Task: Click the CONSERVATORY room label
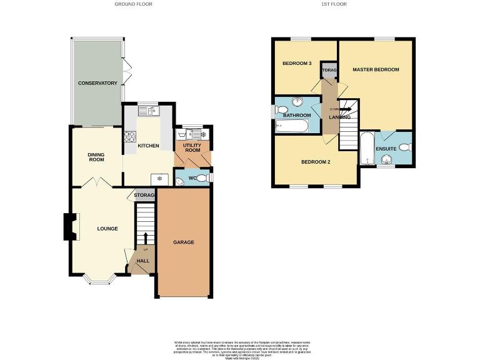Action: click(97, 83)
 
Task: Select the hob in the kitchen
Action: click(131, 136)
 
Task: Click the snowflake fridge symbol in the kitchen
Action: click(159, 178)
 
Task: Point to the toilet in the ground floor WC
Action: click(180, 181)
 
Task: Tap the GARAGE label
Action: click(183, 242)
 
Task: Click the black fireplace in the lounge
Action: click(69, 227)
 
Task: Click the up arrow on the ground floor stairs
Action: click(146, 238)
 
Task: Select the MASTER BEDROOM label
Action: click(375, 69)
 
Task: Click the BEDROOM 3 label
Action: click(297, 64)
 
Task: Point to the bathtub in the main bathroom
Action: click(292, 127)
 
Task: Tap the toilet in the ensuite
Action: click(404, 147)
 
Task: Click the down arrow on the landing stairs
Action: click(344, 109)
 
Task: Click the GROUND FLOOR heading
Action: click(133, 4)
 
